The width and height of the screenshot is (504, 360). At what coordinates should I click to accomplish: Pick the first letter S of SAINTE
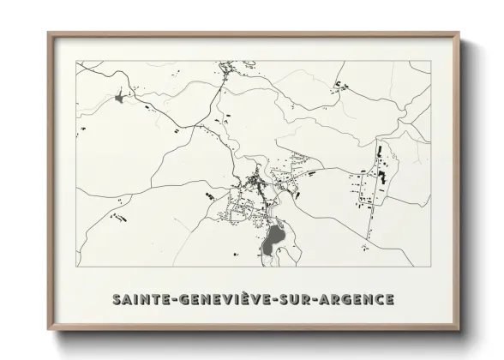point(117,300)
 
